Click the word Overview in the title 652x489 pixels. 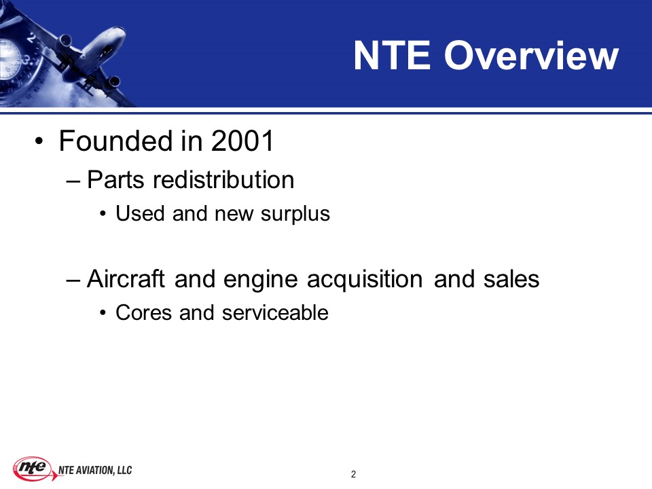pyautogui.click(x=531, y=55)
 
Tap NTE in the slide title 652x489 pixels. pyautogui.click(x=392, y=55)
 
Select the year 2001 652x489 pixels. pyautogui.click(x=242, y=141)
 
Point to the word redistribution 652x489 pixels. pyautogui.click(x=223, y=179)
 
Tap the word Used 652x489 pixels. pyautogui.click(x=140, y=213)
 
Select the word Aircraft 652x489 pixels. pyautogui.click(x=126, y=278)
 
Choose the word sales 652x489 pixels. pyautogui.click(x=511, y=278)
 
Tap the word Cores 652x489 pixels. pyautogui.click(x=143, y=312)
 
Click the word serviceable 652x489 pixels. pyautogui.click(x=275, y=312)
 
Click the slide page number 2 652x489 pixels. pyautogui.click(x=353, y=474)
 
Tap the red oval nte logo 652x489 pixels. pyautogui.click(x=33, y=468)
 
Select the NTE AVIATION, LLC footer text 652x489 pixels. pyautogui.click(x=95, y=470)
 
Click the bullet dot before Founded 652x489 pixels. pyautogui.click(x=39, y=141)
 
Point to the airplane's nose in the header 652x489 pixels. pyautogui.click(x=122, y=30)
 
